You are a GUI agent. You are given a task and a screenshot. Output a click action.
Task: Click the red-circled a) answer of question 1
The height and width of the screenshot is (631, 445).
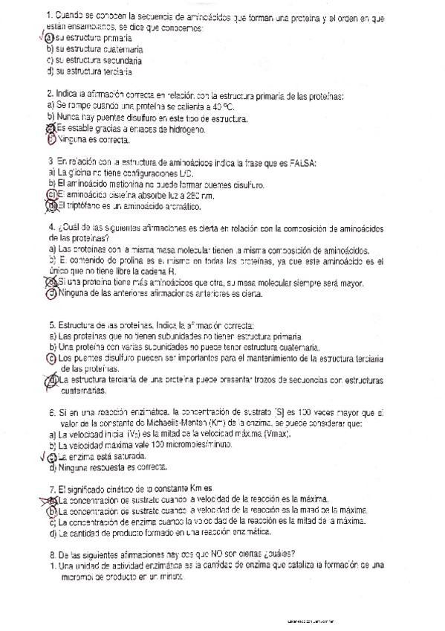tap(50, 38)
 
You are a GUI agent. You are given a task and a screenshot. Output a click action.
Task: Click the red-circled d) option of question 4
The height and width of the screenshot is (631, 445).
tap(51, 294)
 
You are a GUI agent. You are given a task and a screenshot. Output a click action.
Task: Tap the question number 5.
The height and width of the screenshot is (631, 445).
tap(50, 326)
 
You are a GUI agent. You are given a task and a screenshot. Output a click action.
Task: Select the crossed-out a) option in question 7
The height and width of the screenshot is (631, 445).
tap(51, 500)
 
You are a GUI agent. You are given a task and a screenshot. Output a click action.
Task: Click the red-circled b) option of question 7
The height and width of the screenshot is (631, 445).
tap(51, 511)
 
